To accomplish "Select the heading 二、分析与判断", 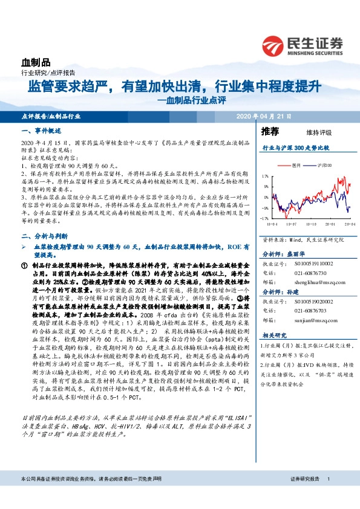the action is (44, 236).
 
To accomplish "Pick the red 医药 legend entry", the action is (296, 164).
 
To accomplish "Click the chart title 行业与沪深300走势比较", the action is (295, 148).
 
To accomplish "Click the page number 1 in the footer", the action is (327, 496).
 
